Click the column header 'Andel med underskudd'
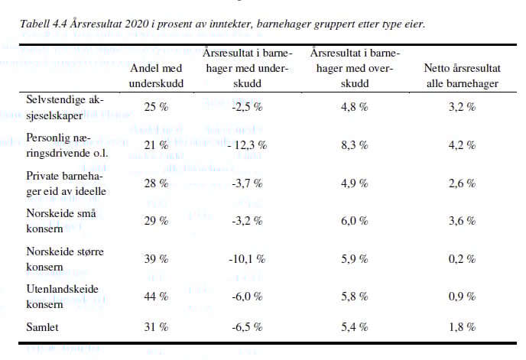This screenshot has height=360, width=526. click(156, 76)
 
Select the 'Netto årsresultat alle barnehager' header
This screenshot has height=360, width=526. click(463, 76)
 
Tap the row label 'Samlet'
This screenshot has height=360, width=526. click(42, 327)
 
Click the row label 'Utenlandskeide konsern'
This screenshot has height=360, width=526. click(63, 297)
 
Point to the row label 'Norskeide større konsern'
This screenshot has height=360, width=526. click(65, 259)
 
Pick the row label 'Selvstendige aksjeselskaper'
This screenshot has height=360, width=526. click(65, 107)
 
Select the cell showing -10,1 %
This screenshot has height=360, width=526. click(247, 259)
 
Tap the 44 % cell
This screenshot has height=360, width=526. click(156, 297)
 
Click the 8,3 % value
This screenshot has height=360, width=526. click(355, 145)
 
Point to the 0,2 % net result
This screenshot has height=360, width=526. click(463, 259)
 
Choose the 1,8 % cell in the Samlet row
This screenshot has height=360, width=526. click(463, 327)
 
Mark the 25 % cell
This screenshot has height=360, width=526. click(156, 107)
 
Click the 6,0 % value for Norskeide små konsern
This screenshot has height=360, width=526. click(355, 221)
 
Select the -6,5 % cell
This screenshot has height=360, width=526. click(247, 327)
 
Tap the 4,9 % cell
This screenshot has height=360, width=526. click(355, 183)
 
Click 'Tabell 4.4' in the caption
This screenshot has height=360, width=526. click(44, 24)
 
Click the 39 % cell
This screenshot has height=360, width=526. click(156, 259)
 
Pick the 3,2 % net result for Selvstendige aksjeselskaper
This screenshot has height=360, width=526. click(463, 107)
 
